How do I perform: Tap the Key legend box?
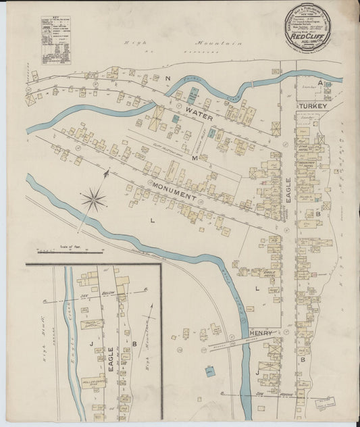(x=55, y=41)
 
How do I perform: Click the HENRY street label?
(x=260, y=333)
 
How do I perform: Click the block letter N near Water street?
(x=167, y=79)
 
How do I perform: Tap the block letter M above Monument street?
(x=194, y=157)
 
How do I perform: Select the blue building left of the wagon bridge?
(x=210, y=371)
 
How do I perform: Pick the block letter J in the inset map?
(x=88, y=344)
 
